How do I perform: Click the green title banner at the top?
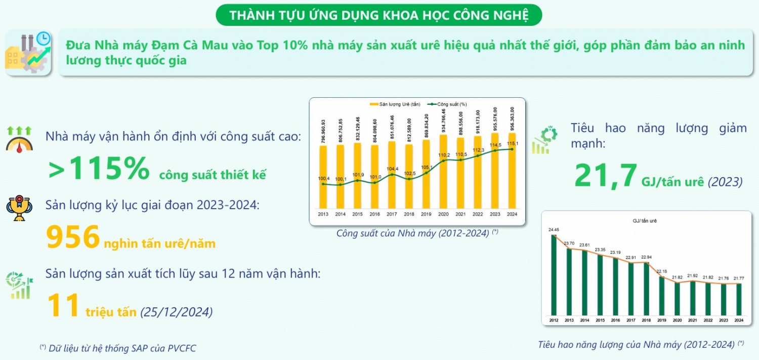point(379,15)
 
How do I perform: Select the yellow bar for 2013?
point(323,177)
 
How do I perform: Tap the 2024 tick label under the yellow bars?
point(512,214)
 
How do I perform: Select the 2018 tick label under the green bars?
point(646,320)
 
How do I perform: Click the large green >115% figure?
point(99,169)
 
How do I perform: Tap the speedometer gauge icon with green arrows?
point(19,138)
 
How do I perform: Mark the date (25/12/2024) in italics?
point(176,312)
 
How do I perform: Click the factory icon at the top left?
point(28,53)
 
